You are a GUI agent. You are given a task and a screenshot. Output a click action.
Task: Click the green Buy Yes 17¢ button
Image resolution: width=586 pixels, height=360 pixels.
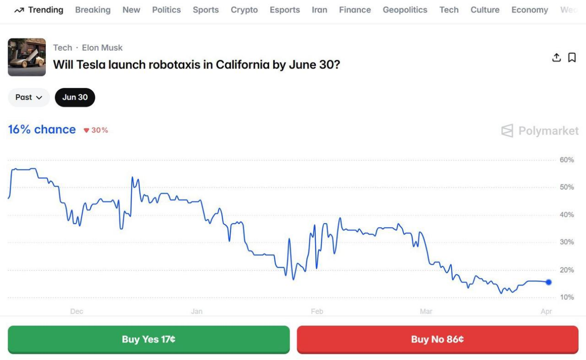pos(148,340)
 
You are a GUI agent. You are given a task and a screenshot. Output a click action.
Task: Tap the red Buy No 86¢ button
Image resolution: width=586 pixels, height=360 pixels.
pos(437,340)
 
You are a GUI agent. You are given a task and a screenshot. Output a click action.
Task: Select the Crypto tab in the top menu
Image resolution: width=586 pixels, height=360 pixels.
pos(244,10)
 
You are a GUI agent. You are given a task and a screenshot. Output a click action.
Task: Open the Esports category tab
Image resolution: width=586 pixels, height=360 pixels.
pos(284,10)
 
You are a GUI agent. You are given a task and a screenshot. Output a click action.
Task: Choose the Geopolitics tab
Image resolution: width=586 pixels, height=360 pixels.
pos(405,10)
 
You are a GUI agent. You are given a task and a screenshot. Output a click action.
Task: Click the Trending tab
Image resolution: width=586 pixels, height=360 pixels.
pos(39,10)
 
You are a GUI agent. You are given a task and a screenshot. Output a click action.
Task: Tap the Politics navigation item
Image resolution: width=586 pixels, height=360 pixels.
pos(167,10)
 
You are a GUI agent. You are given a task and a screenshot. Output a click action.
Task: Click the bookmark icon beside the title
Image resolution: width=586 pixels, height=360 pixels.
pos(572,57)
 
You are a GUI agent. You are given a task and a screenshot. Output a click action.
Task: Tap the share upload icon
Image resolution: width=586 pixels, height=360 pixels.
pos(556,57)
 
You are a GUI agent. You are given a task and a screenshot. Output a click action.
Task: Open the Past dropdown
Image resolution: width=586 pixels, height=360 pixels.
pos(29,97)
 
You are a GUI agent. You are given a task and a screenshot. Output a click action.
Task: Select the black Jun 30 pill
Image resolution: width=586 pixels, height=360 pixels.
pos(75,97)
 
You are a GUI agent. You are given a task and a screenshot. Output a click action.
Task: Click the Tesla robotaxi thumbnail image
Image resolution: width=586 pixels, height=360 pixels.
pos(27,57)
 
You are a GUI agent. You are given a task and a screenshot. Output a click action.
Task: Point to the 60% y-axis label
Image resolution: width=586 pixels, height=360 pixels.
pos(567,160)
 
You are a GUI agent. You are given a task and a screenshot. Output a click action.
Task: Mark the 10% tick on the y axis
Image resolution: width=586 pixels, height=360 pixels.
pos(567,297)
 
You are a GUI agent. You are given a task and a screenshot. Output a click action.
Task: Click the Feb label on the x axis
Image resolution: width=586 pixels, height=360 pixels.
pos(317,311)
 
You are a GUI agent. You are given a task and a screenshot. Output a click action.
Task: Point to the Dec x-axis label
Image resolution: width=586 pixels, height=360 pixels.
pos(77,311)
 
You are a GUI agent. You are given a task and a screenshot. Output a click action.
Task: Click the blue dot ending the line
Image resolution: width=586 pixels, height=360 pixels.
pos(549,282)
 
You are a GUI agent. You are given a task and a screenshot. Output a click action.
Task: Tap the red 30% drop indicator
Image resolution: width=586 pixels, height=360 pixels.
pos(96,130)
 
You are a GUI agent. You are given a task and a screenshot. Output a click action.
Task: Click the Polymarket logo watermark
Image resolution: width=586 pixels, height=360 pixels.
pos(540,131)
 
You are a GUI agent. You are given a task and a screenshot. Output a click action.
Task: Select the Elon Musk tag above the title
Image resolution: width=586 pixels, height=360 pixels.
pos(102,48)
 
